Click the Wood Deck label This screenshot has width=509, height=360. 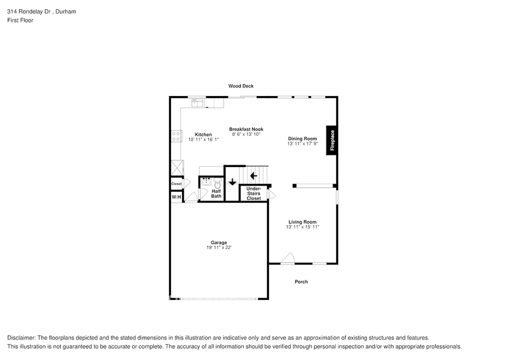pyautogui.click(x=241, y=86)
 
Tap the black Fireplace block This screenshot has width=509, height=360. pyautogui.click(x=332, y=140)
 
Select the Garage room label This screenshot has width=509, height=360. pyautogui.click(x=219, y=242)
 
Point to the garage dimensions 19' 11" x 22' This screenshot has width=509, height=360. pyautogui.click(x=219, y=247)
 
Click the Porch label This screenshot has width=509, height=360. pyautogui.click(x=301, y=282)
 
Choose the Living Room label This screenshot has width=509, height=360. pyautogui.click(x=303, y=222)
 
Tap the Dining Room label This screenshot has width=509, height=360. pyautogui.click(x=303, y=138)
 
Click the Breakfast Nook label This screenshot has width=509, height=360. pyautogui.click(x=246, y=129)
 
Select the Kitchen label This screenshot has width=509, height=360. pyautogui.click(x=203, y=135)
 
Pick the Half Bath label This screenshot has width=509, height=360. pyautogui.click(x=216, y=193)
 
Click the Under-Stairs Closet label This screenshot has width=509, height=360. pyautogui.click(x=254, y=193)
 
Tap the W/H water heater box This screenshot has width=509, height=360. pyautogui.click(x=176, y=197)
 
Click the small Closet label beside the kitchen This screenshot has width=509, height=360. pyautogui.click(x=176, y=184)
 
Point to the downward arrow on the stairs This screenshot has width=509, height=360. pyautogui.click(x=232, y=182)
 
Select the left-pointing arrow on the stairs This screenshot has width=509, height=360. pyautogui.click(x=254, y=176)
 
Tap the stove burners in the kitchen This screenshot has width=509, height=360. pyautogui.click(x=176, y=136)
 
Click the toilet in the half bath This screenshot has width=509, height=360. pyautogui.click(x=217, y=182)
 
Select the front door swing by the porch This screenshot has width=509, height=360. pyautogui.click(x=288, y=259)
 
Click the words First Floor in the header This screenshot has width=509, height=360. pyautogui.click(x=21, y=20)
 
